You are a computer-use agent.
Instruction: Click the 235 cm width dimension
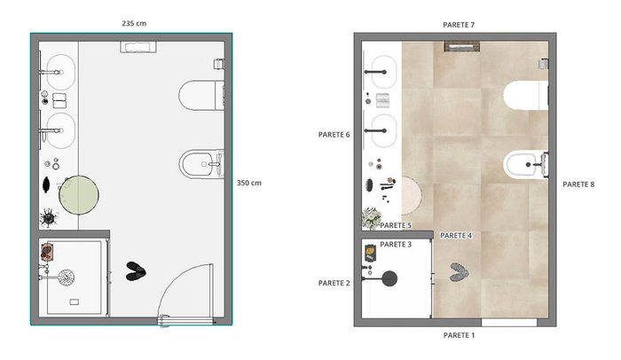point(134,23)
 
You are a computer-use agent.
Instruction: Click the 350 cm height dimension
point(249,183)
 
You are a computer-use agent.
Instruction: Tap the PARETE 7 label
point(459,25)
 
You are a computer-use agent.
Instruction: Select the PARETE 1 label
point(459,335)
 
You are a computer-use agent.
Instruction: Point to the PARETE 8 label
point(578,184)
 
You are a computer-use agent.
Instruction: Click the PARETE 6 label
point(334,135)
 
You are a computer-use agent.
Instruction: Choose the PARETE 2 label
point(334,283)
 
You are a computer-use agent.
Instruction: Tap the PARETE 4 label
point(456,236)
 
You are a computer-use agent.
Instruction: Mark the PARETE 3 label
point(396,245)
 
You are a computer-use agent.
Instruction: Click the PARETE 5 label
point(396,225)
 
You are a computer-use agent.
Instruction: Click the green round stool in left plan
point(79,195)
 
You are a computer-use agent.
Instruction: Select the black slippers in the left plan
point(136,271)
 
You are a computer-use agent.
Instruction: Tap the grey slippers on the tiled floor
point(459,272)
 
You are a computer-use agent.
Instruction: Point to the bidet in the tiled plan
point(526,164)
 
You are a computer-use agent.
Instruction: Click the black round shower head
point(389,278)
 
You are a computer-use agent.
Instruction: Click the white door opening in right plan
point(509,323)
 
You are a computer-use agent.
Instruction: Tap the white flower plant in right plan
point(371,218)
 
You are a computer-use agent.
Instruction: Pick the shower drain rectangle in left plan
point(74,302)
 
